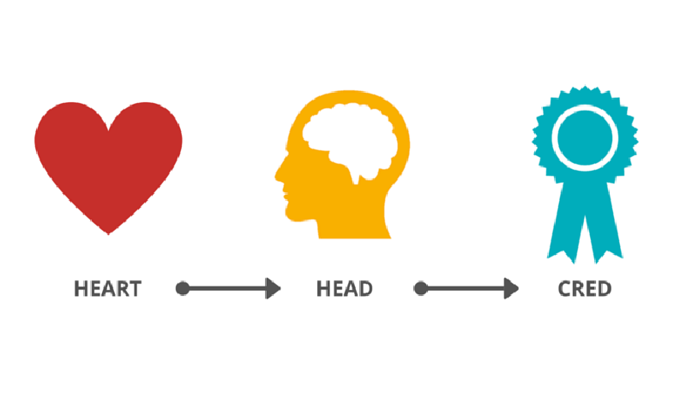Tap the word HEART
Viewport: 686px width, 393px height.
click(x=108, y=289)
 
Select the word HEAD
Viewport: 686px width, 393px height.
click(x=345, y=289)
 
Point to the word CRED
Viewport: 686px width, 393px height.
click(x=585, y=289)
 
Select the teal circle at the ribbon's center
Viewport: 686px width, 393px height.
click(x=585, y=138)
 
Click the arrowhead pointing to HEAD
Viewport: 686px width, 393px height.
click(x=273, y=288)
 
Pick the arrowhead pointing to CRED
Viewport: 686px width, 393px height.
click(x=511, y=288)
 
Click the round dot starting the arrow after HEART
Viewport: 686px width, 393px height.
click(x=183, y=288)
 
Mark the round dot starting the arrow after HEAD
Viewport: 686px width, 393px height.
click(x=420, y=288)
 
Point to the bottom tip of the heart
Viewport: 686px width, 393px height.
click(x=108, y=234)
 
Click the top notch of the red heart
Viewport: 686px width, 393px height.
click(x=108, y=130)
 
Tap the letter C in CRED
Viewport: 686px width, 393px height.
click(x=565, y=289)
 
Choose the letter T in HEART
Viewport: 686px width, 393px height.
click(x=135, y=289)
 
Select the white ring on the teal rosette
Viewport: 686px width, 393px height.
click(x=585, y=108)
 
